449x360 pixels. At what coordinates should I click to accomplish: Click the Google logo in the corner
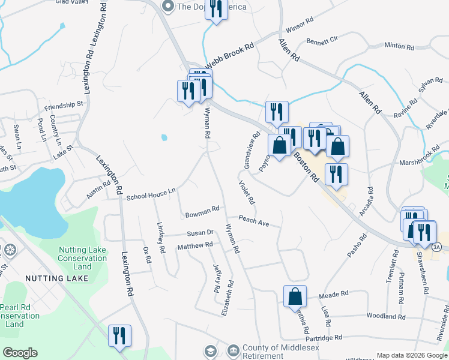pos(20,353)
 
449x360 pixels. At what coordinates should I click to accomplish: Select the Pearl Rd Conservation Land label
pos(19,316)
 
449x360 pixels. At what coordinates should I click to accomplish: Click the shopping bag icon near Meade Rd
pos(295,296)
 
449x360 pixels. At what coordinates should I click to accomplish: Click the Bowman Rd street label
pos(202,212)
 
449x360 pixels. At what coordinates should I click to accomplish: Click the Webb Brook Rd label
pos(230,55)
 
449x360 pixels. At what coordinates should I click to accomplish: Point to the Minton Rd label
pos(399,46)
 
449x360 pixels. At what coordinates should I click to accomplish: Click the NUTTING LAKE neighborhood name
pos(56,278)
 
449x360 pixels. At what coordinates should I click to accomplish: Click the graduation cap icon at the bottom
pos(211,350)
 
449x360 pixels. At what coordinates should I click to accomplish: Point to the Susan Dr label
pos(200,233)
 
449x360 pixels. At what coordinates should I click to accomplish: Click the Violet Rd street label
pos(247,192)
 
